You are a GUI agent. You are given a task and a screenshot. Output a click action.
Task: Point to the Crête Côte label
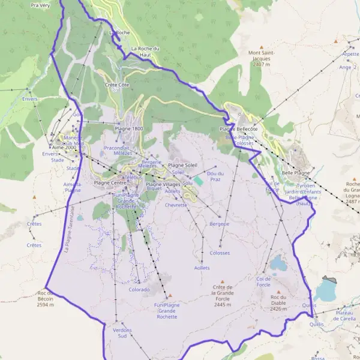point(117,85)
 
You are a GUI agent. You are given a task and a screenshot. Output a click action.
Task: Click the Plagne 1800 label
point(129,128)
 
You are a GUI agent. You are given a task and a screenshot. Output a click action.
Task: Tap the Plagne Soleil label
point(182,165)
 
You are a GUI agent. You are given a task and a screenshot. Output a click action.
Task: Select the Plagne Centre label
point(110,182)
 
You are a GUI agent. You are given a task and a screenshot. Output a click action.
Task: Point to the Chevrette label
point(176,205)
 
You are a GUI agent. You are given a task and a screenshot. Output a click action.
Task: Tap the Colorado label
point(139,289)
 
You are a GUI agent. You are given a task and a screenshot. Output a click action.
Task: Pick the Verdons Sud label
point(122,333)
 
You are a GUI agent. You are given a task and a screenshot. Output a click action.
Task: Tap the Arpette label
point(350,53)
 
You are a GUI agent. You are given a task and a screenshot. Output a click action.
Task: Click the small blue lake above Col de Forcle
point(277,263)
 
